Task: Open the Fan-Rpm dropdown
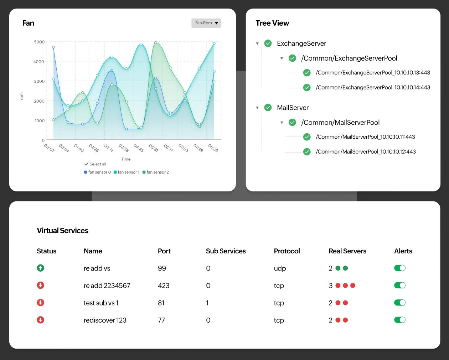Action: (206, 23)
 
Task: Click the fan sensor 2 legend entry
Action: (156, 172)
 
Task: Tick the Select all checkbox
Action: (87, 164)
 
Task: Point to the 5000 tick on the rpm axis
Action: (39, 42)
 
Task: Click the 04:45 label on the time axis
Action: (139, 148)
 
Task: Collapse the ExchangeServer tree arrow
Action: (257, 43)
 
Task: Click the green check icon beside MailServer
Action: (268, 108)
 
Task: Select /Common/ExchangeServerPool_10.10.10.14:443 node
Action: (373, 87)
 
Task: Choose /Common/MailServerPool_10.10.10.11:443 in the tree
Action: (365, 137)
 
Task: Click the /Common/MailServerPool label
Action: (340, 123)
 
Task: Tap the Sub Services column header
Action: (226, 251)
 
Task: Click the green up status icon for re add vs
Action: (41, 268)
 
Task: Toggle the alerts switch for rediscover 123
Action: (400, 320)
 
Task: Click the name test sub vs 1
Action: (101, 303)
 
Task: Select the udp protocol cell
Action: (280, 268)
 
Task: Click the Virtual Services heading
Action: (63, 231)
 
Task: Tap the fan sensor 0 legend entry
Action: (98, 172)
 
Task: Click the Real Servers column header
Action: (347, 251)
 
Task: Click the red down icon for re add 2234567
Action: (41, 286)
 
